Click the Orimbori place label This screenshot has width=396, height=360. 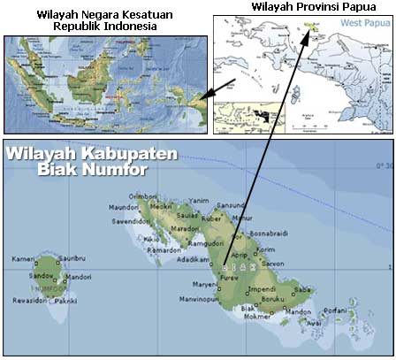(x=144, y=196)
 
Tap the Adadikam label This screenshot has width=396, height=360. (x=191, y=260)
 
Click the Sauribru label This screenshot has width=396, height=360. (x=71, y=258)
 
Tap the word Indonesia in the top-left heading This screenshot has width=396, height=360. (x=133, y=27)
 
